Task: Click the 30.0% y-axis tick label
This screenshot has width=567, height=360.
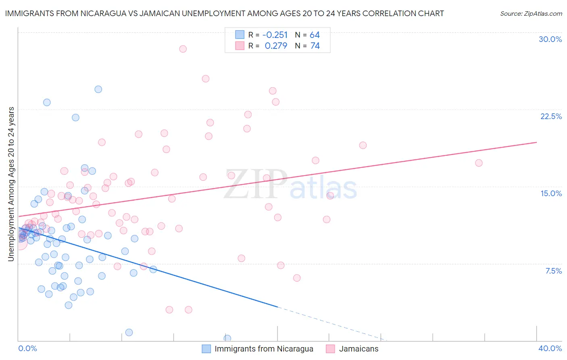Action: [x=550, y=39]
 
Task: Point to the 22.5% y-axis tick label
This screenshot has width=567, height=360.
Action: [x=551, y=116]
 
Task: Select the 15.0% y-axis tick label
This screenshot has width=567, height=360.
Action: [x=551, y=193]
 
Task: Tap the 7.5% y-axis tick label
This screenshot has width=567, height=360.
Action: [x=553, y=271]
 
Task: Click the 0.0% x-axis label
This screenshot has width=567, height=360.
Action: [x=27, y=348]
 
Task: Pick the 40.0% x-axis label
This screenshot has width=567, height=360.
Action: [x=550, y=348]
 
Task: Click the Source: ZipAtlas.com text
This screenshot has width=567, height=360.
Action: [x=531, y=13]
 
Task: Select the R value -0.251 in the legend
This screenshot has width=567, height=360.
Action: [x=275, y=35]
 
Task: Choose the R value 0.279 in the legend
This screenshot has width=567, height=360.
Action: [x=276, y=46]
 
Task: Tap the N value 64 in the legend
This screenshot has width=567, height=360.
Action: [x=315, y=35]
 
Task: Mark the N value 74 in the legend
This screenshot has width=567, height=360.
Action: [x=315, y=46]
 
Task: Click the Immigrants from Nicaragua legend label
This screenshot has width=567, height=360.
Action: [x=264, y=349]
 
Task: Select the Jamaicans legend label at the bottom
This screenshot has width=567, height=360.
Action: [x=359, y=349]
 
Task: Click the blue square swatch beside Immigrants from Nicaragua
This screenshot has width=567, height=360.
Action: [x=206, y=349]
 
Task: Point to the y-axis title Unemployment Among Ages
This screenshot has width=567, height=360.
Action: [x=11, y=184]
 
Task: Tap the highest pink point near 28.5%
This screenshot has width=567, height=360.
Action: [x=183, y=49]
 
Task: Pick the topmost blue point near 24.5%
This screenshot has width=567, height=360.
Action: [x=98, y=89]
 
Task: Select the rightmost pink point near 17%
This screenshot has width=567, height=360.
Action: [x=479, y=163]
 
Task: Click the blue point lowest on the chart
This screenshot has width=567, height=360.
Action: [x=227, y=338]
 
